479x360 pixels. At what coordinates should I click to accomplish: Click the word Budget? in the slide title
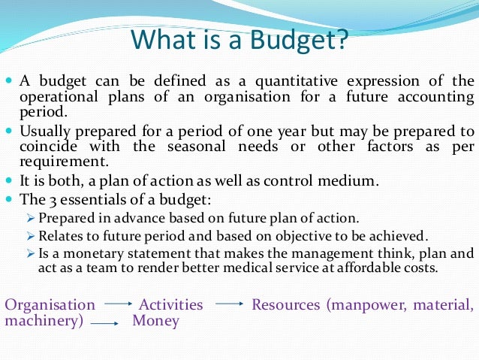pyautogui.click(x=299, y=40)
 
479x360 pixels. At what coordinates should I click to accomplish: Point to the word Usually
pyautogui.click(x=46, y=129)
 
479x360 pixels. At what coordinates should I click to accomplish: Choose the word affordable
pyautogui.click(x=363, y=268)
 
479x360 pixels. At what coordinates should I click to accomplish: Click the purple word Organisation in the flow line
pyautogui.click(x=50, y=305)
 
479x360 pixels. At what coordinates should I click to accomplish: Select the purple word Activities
pyautogui.click(x=170, y=305)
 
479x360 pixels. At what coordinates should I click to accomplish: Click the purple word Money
pyautogui.click(x=155, y=322)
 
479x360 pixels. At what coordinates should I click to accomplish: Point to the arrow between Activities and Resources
pyautogui.click(x=230, y=305)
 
